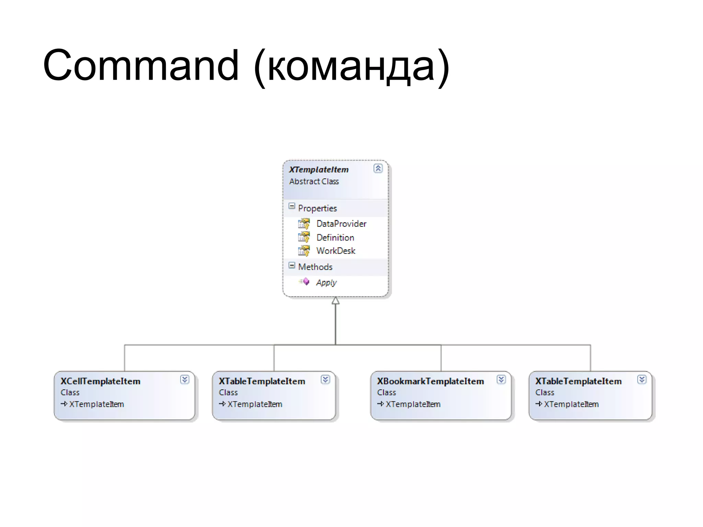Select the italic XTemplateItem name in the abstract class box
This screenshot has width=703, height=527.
coord(319,169)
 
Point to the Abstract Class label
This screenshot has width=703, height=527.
coord(314,181)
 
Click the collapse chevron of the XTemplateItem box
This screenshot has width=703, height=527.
coord(378,168)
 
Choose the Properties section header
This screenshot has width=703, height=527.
coord(317,208)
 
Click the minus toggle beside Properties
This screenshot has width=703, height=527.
coord(292,206)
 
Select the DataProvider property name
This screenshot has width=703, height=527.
coord(341,224)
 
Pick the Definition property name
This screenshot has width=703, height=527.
coord(335,237)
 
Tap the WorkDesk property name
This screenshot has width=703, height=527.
coord(336,251)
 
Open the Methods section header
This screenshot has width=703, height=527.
coord(315,267)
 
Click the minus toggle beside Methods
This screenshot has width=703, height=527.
coord(292,266)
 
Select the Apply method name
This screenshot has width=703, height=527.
coord(326,282)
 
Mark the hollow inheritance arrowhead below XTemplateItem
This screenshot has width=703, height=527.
coord(336,301)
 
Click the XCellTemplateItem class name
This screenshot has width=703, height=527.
coord(100,381)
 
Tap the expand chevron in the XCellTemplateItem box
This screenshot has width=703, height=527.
coord(185,379)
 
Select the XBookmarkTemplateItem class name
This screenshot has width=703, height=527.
coord(430,381)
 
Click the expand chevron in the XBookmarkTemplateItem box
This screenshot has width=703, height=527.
coord(501,379)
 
